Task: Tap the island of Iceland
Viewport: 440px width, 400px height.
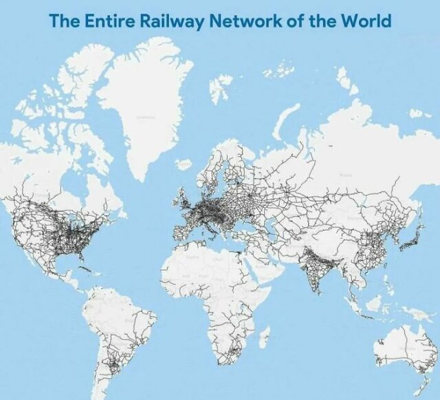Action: (184, 165)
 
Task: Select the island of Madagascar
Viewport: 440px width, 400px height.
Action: (264, 337)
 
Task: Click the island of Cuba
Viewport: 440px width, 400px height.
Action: (81, 265)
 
